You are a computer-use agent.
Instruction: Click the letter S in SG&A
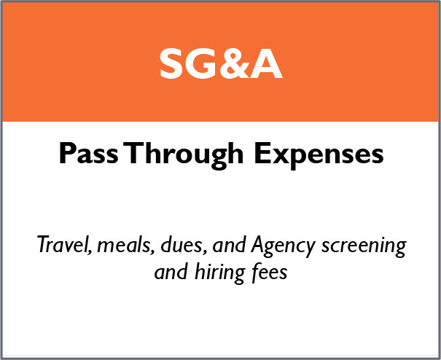coord(171,64)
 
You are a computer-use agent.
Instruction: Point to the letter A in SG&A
coord(266,64)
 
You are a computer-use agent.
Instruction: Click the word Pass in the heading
coord(89,153)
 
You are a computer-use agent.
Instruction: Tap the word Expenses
coord(319,155)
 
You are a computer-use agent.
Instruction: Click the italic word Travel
coord(64,245)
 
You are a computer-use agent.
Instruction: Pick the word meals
coord(125,246)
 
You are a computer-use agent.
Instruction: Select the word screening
coord(364,246)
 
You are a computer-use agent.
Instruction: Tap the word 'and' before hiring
coord(171,272)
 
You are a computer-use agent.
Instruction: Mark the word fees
coord(270,271)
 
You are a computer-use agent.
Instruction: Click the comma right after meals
coord(153,251)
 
